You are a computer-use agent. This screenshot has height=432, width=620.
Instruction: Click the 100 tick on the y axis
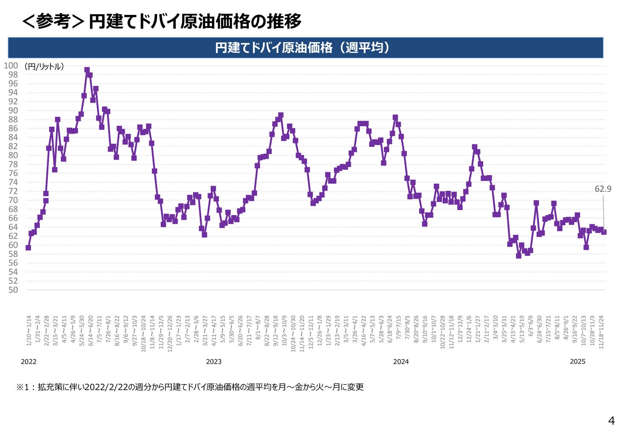(11, 65)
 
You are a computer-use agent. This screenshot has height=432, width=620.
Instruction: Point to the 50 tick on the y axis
(13, 290)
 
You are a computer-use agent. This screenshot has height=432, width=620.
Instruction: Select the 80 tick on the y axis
(13, 155)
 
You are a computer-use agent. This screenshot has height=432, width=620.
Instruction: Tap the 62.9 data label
(602, 189)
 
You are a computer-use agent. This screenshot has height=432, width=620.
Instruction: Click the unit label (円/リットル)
(44, 67)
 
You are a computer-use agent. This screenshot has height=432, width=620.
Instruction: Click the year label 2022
(29, 362)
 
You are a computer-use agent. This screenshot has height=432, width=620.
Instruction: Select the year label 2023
(213, 362)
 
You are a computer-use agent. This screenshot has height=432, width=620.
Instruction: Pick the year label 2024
(401, 362)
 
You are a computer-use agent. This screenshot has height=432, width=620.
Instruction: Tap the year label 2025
(577, 362)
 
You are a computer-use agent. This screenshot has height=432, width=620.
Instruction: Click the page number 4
(611, 420)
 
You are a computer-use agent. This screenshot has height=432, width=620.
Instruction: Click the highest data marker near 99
(87, 70)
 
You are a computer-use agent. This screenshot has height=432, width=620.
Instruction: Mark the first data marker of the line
(28, 248)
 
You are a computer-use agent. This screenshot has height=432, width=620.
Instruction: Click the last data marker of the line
(604, 232)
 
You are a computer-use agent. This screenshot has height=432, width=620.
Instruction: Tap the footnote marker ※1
(24, 387)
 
